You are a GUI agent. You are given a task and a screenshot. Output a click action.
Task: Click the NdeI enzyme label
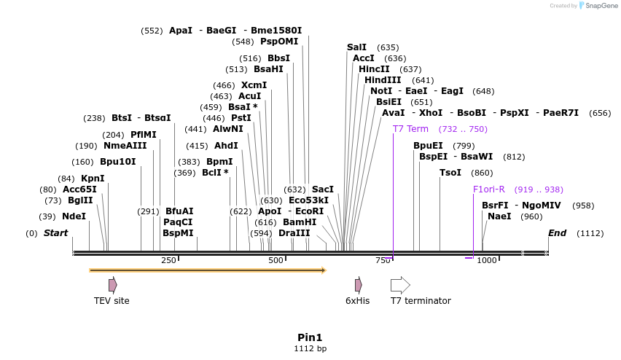(74, 216)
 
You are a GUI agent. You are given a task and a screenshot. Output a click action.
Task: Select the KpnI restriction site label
(93, 179)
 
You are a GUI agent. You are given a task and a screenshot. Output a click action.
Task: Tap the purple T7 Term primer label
(410, 129)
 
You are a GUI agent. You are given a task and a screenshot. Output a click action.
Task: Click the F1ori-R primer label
(488, 189)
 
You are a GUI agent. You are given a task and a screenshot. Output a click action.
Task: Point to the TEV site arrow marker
(112, 285)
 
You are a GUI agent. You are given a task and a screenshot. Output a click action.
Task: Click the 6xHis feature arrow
(358, 285)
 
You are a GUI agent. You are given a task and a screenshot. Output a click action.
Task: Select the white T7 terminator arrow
(400, 285)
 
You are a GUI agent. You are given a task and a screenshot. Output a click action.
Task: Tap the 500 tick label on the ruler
(276, 260)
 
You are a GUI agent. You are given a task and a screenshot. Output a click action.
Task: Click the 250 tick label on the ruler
(168, 260)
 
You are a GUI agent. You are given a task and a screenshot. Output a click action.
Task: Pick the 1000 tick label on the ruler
(486, 260)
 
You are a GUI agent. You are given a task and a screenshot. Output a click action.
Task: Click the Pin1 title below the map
(310, 337)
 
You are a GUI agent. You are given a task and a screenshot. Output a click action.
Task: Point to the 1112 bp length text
(310, 349)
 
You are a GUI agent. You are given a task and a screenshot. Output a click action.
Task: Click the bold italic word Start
(56, 233)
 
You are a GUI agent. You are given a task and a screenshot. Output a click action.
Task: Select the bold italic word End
(557, 233)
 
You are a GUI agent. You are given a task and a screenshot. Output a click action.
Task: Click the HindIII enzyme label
(383, 80)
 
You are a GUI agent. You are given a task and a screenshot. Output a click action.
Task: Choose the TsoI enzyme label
(450, 173)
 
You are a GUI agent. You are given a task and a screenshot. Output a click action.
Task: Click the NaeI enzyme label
(499, 216)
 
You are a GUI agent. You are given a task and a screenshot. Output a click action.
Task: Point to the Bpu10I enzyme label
(117, 162)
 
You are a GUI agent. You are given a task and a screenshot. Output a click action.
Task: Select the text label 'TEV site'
(112, 301)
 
